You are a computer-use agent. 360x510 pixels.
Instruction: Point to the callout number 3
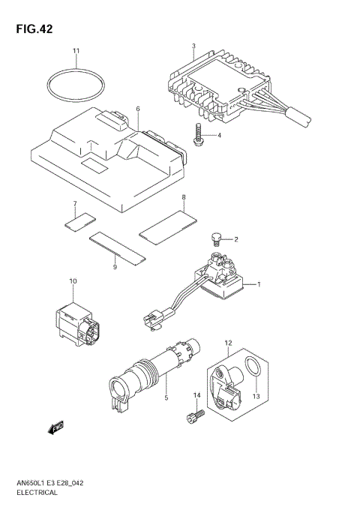tap(193, 46)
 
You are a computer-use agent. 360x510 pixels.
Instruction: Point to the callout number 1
tap(259, 284)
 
